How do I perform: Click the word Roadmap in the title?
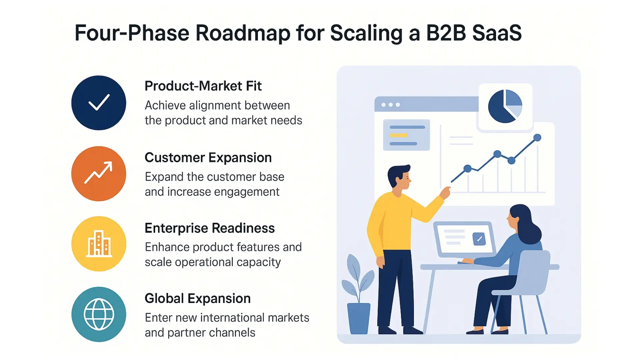click(x=243, y=33)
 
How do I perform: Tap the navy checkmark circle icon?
click(x=99, y=103)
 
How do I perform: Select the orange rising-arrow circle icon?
click(x=99, y=174)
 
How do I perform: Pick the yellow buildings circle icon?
click(x=99, y=244)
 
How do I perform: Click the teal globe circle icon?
click(x=99, y=314)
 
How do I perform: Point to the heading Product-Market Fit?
click(x=203, y=86)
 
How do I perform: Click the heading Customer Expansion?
click(x=208, y=158)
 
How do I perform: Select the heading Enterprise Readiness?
click(x=210, y=228)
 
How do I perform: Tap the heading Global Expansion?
click(x=198, y=299)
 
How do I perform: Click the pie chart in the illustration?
click(x=505, y=106)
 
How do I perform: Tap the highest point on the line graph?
click(x=537, y=137)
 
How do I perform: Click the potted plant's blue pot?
click(x=359, y=318)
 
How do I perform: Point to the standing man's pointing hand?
click(x=445, y=192)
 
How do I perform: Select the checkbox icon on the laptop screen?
click(x=479, y=239)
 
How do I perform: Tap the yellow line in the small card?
click(x=399, y=135)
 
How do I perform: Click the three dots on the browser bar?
click(x=391, y=105)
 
